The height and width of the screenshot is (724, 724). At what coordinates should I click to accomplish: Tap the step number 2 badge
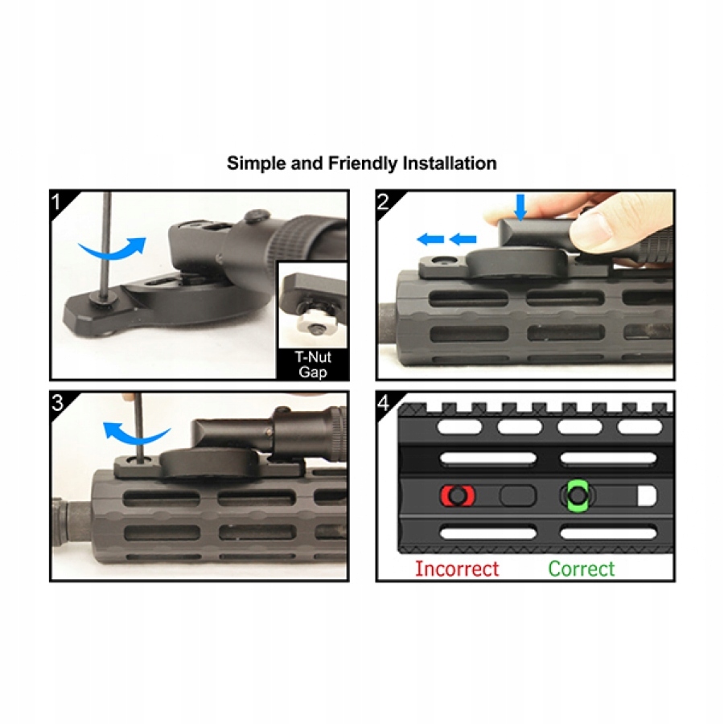[x=383, y=202]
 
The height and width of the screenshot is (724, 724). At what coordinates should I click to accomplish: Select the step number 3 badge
[x=57, y=403]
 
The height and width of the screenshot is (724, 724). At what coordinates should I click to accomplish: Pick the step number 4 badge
[x=383, y=403]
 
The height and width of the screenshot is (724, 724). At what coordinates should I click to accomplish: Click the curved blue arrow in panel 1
[x=112, y=248]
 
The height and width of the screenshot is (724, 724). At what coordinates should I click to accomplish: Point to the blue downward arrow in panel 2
[x=520, y=207]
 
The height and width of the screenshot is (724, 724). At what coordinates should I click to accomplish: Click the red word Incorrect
[x=457, y=569]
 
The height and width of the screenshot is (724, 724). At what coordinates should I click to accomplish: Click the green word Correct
[x=582, y=569]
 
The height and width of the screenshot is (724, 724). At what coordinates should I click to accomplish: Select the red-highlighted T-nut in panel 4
[x=458, y=496]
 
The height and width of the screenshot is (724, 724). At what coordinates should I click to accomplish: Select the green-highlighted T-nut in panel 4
[x=577, y=496]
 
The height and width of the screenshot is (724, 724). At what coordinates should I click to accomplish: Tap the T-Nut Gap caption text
[x=313, y=364]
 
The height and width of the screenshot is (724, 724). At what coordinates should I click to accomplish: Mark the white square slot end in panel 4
[x=647, y=496]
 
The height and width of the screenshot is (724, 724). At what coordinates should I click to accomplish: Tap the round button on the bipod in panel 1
[x=257, y=215]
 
